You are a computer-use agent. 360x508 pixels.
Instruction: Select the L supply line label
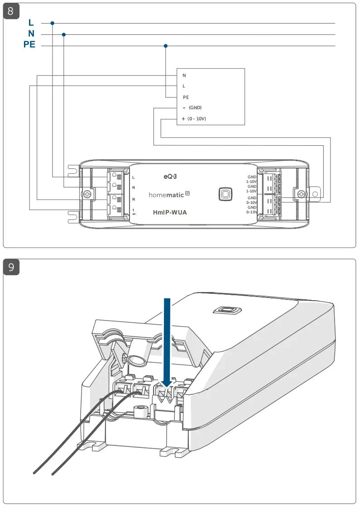point(31,23)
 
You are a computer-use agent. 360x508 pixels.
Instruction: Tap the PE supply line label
point(29,45)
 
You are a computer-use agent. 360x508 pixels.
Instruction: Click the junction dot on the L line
point(53,23)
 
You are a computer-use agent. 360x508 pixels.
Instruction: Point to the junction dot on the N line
point(64,34)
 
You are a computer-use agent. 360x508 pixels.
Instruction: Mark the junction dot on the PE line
point(166,46)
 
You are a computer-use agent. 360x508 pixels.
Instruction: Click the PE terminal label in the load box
point(186,97)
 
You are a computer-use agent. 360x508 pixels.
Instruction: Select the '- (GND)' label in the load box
point(192,108)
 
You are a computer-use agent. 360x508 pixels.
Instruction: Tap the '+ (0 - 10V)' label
point(194,119)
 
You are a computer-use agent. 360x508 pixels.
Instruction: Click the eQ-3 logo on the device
point(170,175)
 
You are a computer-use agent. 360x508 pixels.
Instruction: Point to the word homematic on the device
point(166,194)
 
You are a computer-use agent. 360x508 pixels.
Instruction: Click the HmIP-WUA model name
point(170,212)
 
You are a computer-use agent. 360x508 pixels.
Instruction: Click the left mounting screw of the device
point(86,194)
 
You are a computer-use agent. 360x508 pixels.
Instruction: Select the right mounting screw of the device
point(300,194)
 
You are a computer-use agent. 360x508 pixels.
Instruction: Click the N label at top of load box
point(184,75)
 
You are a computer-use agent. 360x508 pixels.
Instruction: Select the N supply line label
point(31,34)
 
